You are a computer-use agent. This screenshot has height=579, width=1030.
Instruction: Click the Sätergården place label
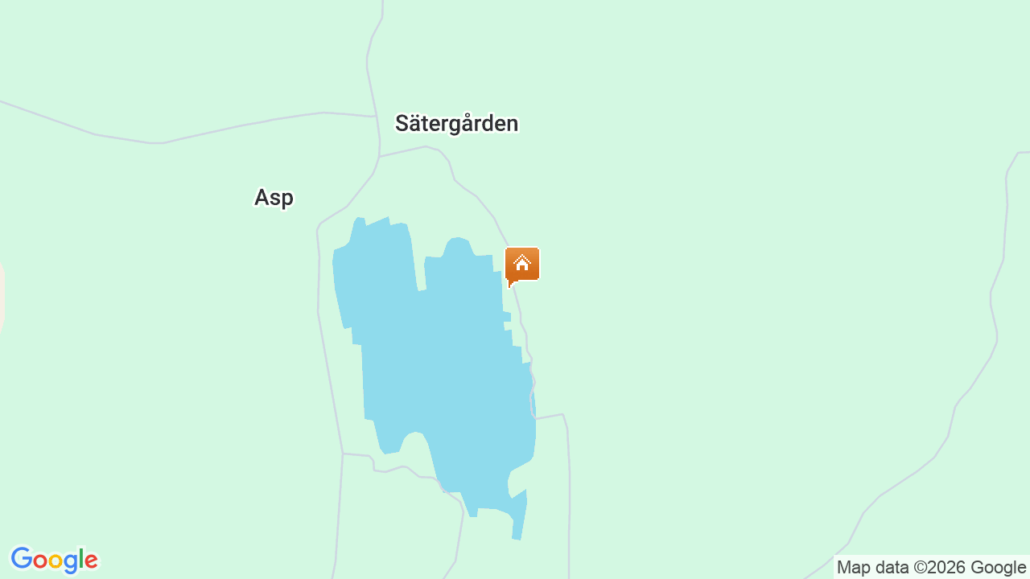point(456,124)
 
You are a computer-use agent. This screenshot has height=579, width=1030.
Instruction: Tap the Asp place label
point(274,198)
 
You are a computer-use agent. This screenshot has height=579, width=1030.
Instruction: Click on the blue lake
point(435,362)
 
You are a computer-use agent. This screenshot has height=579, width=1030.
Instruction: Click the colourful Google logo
point(54,560)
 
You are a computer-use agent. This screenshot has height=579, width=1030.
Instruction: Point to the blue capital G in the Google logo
point(21,559)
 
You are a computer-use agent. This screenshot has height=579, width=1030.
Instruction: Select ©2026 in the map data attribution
point(940,567)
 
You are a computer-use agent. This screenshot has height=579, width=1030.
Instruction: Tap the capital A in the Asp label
point(262,198)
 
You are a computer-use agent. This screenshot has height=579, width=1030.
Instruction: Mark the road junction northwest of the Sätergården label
point(377,117)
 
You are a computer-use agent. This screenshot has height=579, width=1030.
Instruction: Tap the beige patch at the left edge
point(2,298)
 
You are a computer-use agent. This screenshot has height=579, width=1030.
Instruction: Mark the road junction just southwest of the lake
point(343,454)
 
